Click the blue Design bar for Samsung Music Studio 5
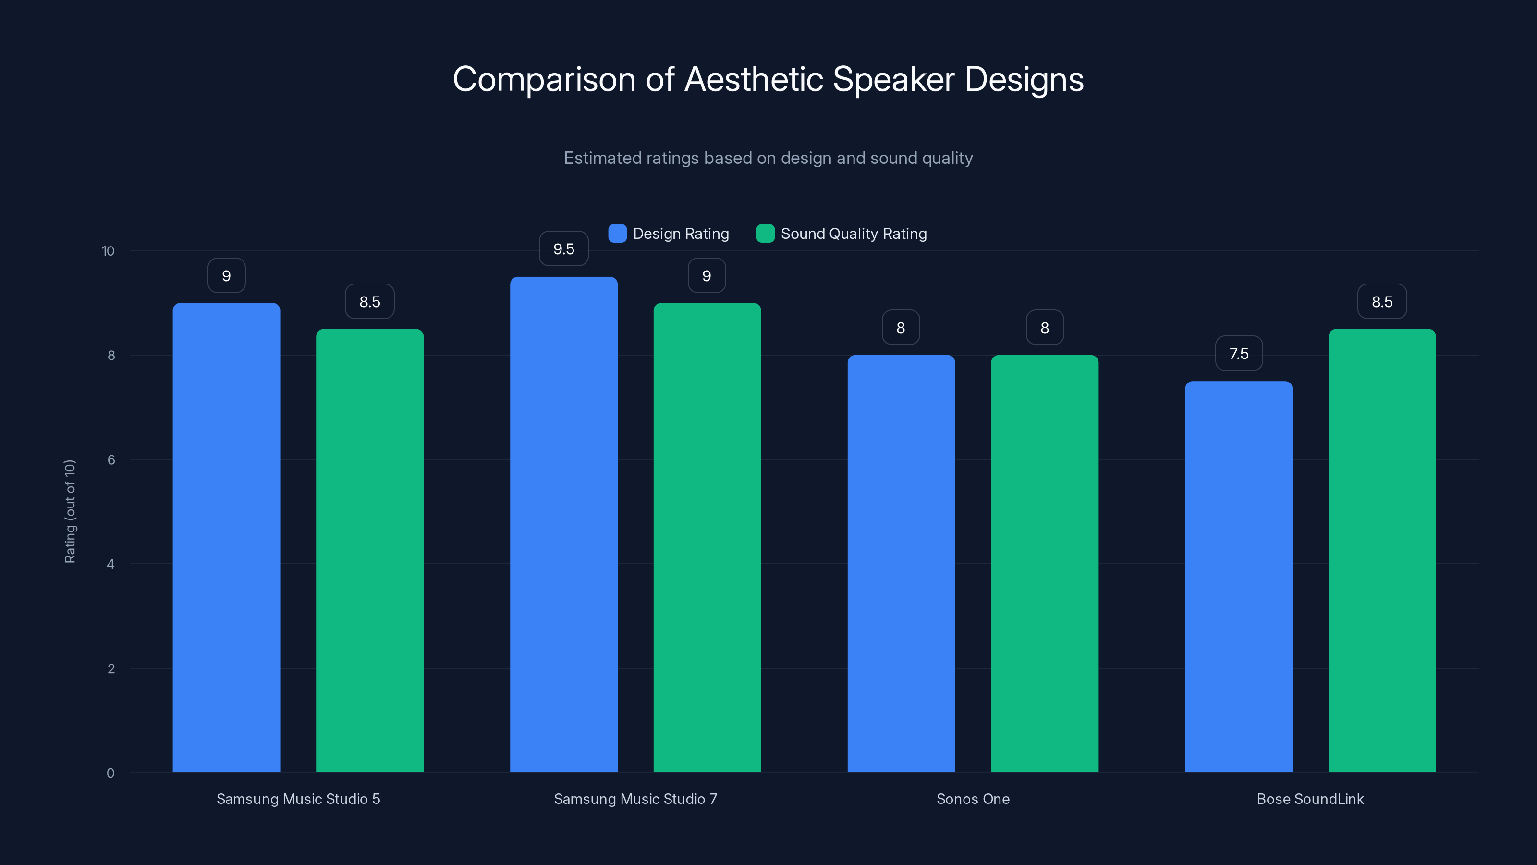tap(226, 537)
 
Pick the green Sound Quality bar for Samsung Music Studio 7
tap(707, 537)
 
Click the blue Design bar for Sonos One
tap(901, 564)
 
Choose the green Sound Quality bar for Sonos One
tap(1044, 564)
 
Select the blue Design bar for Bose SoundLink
tap(1239, 577)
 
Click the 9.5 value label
tap(563, 249)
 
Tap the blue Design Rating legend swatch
tap(617, 234)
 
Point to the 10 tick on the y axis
tap(108, 251)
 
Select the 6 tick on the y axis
tap(111, 460)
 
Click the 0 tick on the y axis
tap(110, 773)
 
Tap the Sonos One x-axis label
tap(973, 799)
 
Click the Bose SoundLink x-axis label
tap(1310, 799)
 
